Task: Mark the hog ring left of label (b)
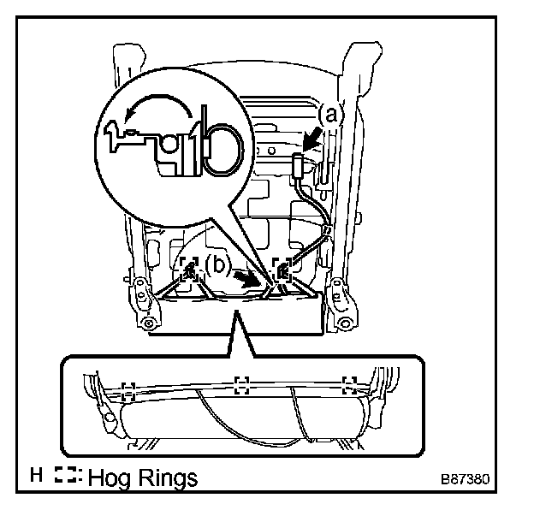click(189, 271)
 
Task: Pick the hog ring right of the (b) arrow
click(280, 270)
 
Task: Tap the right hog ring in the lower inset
click(347, 383)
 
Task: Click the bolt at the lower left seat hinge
click(147, 323)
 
